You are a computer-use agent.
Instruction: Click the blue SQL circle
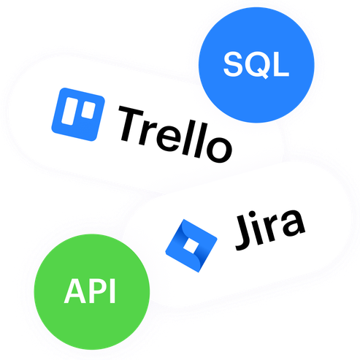pyautogui.click(x=256, y=65)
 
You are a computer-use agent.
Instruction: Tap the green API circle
pyautogui.click(x=92, y=291)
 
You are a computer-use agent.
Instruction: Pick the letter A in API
pyautogui.click(x=75, y=291)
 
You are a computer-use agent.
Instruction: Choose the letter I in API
pyautogui.click(x=112, y=291)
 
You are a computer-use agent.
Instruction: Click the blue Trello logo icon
pyautogui.click(x=78, y=114)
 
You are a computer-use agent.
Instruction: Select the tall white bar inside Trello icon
pyautogui.click(x=69, y=111)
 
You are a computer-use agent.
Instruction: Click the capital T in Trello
pyautogui.click(x=131, y=124)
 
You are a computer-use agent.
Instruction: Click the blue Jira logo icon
pyautogui.click(x=191, y=245)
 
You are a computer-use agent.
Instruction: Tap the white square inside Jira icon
pyautogui.click(x=191, y=245)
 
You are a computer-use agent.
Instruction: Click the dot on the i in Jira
pyautogui.click(x=253, y=214)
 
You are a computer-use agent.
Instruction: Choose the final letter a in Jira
pyautogui.click(x=291, y=224)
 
